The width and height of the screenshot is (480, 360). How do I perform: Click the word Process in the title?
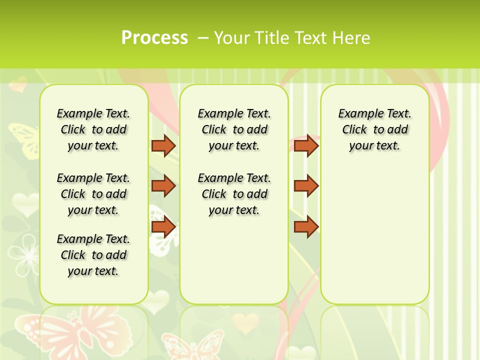154,37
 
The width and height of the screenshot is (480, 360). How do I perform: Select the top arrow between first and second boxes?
163,145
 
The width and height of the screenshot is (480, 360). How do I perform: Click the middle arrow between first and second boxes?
163,186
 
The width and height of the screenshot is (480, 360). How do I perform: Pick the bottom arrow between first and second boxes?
163,227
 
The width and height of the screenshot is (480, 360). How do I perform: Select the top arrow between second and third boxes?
306,145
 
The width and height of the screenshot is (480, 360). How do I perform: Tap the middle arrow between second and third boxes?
306,186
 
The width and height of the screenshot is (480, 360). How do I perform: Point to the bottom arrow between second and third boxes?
306,227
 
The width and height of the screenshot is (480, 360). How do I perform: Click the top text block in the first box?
93,129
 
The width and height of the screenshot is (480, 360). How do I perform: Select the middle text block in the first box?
93,194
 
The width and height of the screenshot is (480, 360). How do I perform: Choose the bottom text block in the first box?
93,255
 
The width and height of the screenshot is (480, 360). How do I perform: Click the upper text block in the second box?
234,129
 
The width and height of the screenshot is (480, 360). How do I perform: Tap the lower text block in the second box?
234,194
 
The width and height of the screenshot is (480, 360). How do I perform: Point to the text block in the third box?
375,129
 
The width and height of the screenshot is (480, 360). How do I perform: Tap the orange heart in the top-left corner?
19,84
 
